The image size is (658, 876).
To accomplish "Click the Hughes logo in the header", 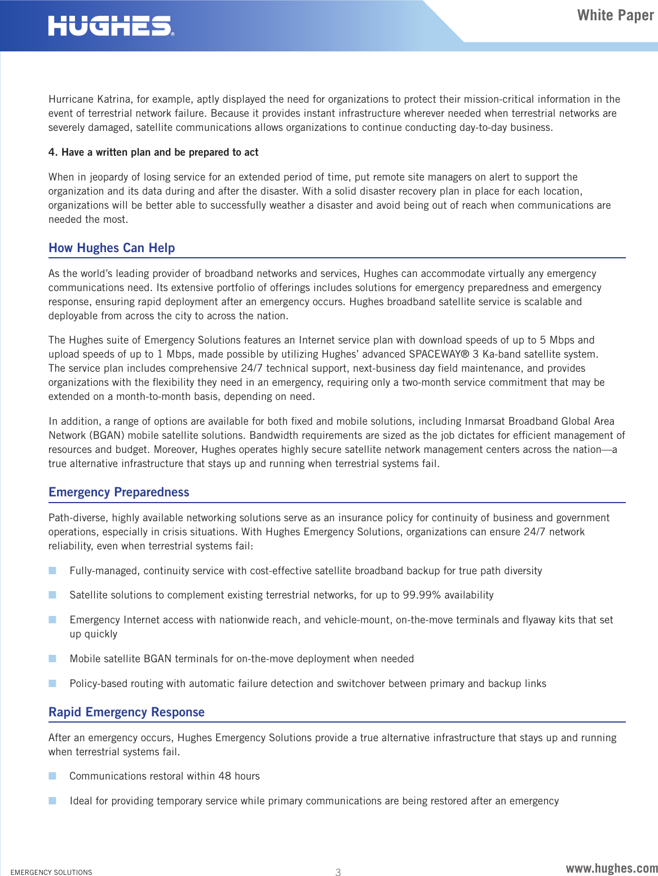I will (x=111, y=26).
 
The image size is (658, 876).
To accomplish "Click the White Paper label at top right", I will (x=615, y=15).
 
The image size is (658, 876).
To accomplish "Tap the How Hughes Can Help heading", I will (x=112, y=248).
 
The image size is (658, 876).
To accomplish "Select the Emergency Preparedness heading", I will (x=118, y=492).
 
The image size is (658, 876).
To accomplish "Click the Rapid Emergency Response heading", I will (x=126, y=712).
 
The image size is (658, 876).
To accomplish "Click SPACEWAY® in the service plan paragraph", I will (x=439, y=354).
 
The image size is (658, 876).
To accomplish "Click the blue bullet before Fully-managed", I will (x=52, y=571).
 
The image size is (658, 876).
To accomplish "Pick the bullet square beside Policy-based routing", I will (x=52, y=684).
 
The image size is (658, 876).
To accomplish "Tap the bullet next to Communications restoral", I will (x=52, y=776).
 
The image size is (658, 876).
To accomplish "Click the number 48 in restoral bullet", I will (x=224, y=776).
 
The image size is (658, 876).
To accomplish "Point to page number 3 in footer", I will (x=338, y=872).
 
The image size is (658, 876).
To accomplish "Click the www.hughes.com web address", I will (x=611, y=868).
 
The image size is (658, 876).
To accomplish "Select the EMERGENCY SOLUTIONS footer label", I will (x=51, y=872).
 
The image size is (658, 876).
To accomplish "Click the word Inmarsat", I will (x=485, y=421).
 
